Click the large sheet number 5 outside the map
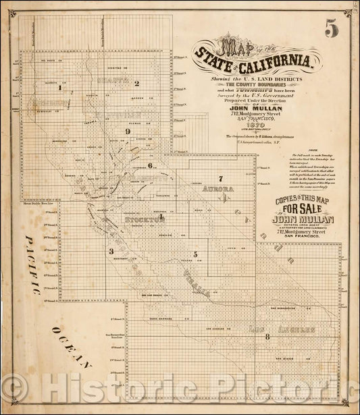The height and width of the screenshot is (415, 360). (331, 28)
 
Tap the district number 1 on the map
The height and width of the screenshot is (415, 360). (60, 87)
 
